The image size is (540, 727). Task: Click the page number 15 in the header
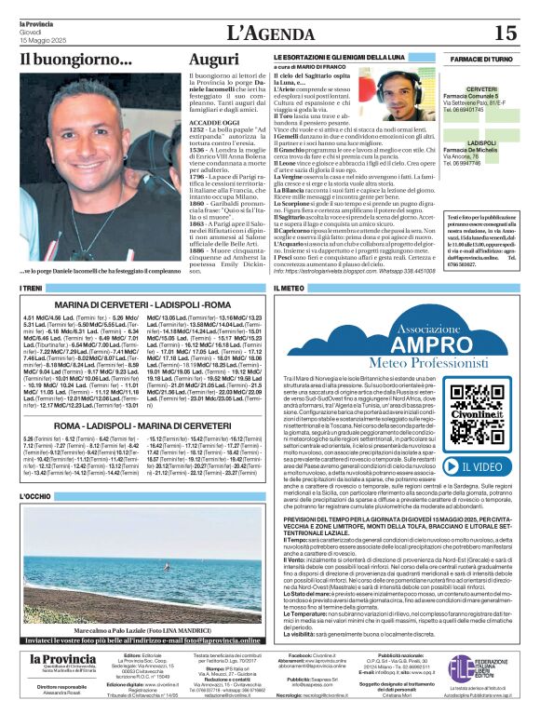click(x=505, y=33)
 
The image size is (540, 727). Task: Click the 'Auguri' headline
click(x=212, y=61)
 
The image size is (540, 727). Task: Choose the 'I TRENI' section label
click(x=31, y=289)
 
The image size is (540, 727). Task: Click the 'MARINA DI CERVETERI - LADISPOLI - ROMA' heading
click(x=142, y=305)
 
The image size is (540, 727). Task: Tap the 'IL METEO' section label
click(x=290, y=289)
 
